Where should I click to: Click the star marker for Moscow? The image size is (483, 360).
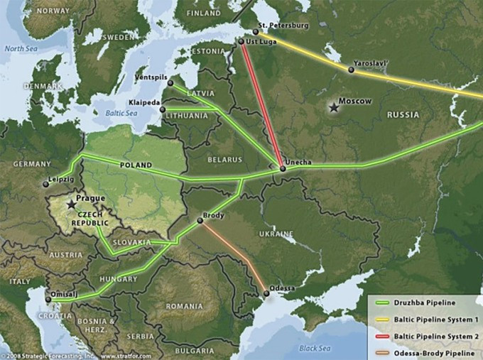(333, 107)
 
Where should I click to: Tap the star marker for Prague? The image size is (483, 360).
(70, 204)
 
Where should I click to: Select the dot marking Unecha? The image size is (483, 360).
(283, 169)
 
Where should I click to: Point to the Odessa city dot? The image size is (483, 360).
(266, 292)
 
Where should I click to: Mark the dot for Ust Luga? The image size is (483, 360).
(241, 42)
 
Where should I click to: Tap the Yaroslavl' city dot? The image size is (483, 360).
(351, 70)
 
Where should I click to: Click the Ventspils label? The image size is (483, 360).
(151, 76)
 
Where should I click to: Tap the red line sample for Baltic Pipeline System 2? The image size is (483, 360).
(382, 333)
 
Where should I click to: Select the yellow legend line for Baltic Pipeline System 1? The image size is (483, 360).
(382, 318)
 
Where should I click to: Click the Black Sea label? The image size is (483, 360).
(314, 348)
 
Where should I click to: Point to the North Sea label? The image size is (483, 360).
(20, 49)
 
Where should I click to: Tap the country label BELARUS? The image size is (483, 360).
(224, 160)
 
